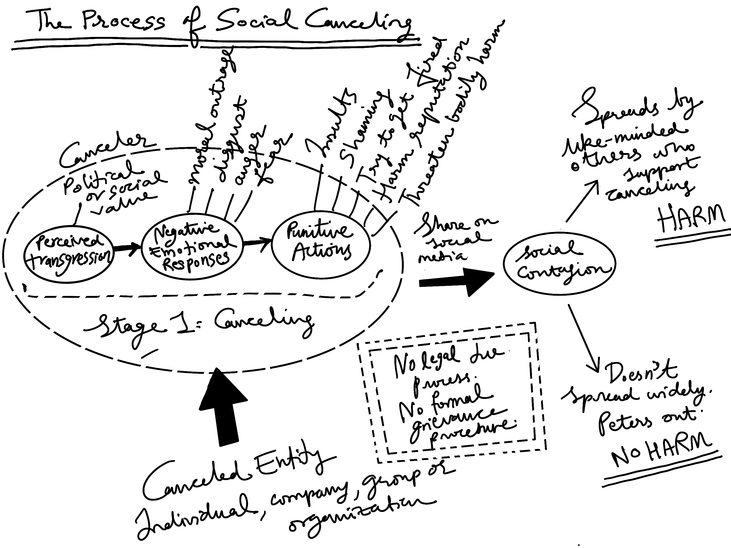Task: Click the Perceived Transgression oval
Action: (69, 254)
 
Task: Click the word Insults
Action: (330, 122)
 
